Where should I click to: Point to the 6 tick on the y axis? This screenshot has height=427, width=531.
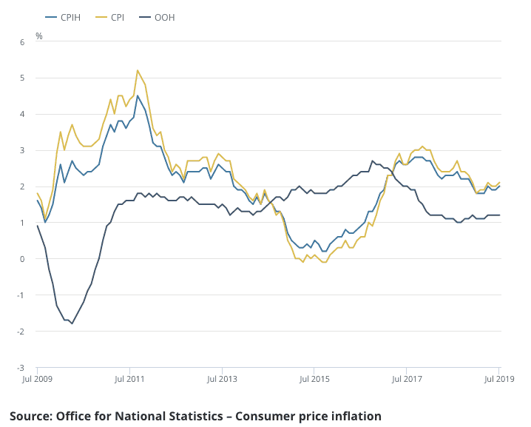(22, 42)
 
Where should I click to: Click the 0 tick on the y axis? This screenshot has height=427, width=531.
(22, 259)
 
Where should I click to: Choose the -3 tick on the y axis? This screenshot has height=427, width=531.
(21, 368)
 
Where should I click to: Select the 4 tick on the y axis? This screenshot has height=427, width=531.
(22, 114)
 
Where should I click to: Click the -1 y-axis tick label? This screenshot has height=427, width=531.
(21, 295)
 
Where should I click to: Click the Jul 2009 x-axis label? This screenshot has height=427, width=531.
(37, 379)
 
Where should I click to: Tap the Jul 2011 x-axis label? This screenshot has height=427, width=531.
(129, 379)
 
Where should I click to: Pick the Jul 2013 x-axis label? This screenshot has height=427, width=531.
(221, 379)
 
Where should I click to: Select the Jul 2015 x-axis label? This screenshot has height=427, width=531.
(314, 379)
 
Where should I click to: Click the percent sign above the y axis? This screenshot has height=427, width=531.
(39, 35)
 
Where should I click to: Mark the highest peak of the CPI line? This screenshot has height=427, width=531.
(138, 70)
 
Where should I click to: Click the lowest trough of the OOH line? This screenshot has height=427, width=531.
(72, 323)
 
